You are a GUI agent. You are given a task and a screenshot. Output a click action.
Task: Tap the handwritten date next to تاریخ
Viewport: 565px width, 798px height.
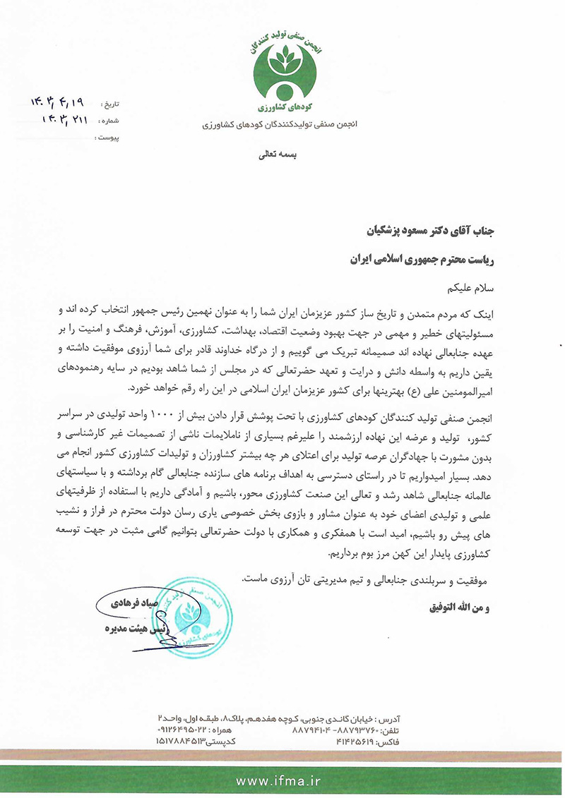tap(59, 103)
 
